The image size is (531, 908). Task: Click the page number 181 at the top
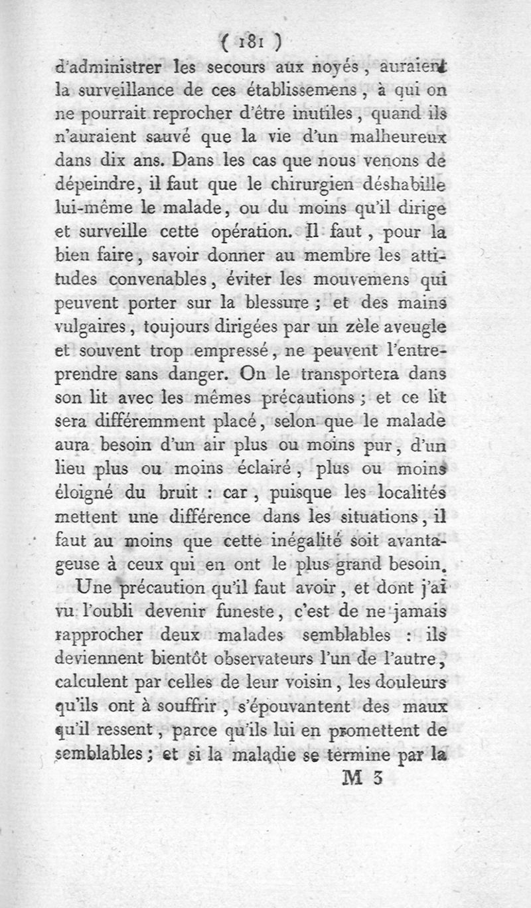250,42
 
